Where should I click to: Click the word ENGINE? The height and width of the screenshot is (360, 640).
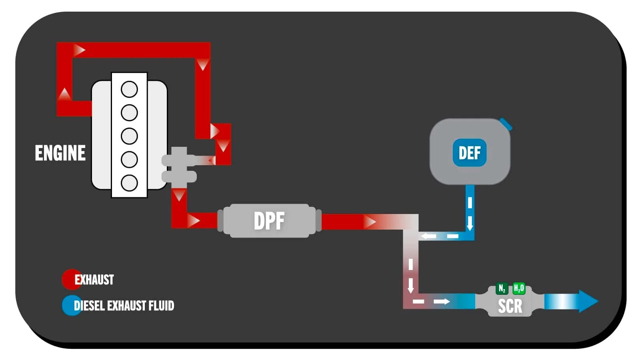[60, 153]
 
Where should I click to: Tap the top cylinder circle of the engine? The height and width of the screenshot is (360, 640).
[129, 89]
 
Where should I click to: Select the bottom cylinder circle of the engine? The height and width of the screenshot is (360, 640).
[129, 183]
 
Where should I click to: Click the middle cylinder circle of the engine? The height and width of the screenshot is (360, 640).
[129, 136]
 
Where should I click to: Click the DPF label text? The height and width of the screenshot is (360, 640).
[269, 221]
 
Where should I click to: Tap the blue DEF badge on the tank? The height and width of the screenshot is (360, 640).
[470, 152]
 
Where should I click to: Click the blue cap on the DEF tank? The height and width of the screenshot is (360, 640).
[506, 124]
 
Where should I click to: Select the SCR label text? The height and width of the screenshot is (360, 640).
[510, 306]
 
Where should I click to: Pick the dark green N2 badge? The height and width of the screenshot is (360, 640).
[502, 288]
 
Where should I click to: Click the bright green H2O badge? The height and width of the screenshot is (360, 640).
[519, 288]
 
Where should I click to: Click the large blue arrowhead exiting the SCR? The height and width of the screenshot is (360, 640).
[588, 301]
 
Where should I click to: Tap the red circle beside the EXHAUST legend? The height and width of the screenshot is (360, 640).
[71, 279]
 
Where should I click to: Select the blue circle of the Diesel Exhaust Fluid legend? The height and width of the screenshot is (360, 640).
[71, 306]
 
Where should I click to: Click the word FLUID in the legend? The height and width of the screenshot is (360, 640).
[161, 306]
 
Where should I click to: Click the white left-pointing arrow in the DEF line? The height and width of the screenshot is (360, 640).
[428, 236]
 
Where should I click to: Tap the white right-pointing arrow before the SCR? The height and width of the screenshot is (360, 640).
[442, 301]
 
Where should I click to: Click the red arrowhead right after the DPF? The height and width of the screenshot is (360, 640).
[370, 222]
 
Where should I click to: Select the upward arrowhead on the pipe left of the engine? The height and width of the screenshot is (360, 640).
[64, 94]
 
